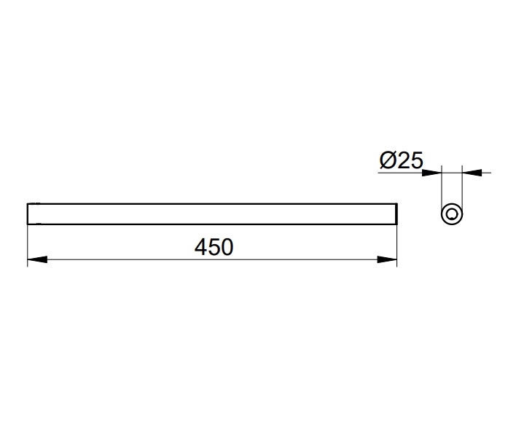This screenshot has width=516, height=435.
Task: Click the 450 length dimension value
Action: (x=214, y=247)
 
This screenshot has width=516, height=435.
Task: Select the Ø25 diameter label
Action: (x=401, y=160)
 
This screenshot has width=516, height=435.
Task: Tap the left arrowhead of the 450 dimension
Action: (x=37, y=259)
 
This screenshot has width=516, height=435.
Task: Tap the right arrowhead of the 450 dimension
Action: (x=387, y=259)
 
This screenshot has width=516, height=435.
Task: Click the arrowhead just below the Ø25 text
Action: (x=431, y=173)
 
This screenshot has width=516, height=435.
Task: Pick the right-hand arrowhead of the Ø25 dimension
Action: (x=472, y=173)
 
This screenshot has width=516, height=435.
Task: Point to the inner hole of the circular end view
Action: (x=452, y=214)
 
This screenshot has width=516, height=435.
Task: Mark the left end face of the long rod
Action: (x=28, y=214)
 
